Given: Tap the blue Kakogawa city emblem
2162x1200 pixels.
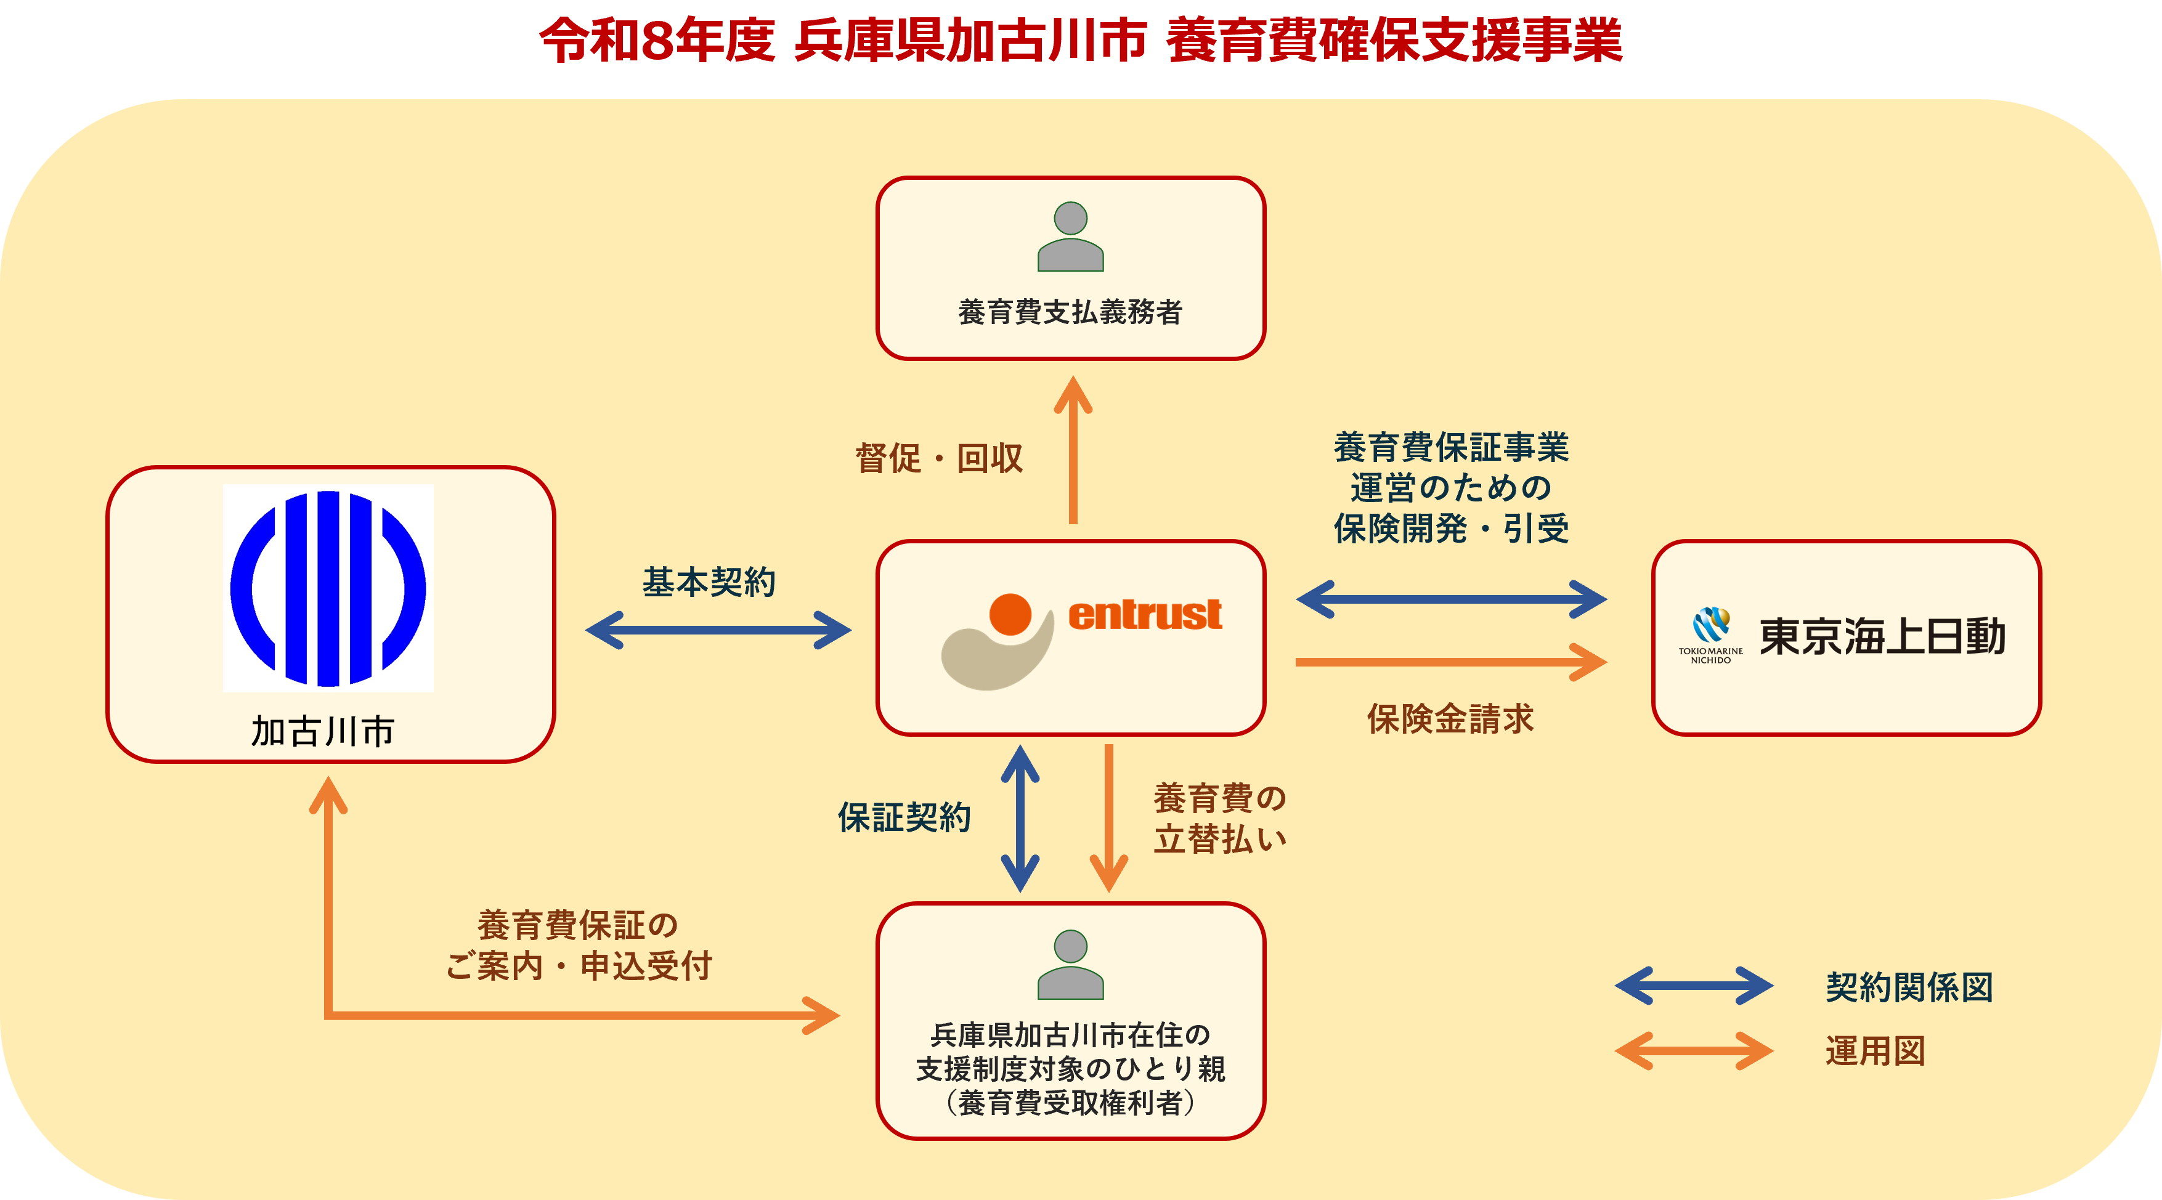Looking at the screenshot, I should (328, 588).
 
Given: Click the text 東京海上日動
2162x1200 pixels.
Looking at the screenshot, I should (1882, 636).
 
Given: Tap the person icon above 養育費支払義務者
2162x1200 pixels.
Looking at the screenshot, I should (1070, 237).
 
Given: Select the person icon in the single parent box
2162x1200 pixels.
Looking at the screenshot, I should (1070, 965).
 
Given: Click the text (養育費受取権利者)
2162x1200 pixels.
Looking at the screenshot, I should (1070, 1103).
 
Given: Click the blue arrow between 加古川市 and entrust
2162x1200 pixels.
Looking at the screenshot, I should (718, 630).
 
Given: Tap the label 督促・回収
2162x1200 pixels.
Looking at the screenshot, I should (939, 459).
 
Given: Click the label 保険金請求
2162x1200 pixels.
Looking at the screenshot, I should (1450, 719).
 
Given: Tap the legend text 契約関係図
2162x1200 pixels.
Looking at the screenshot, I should (1909, 987).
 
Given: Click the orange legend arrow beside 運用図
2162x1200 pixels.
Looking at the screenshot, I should (1694, 1051).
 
